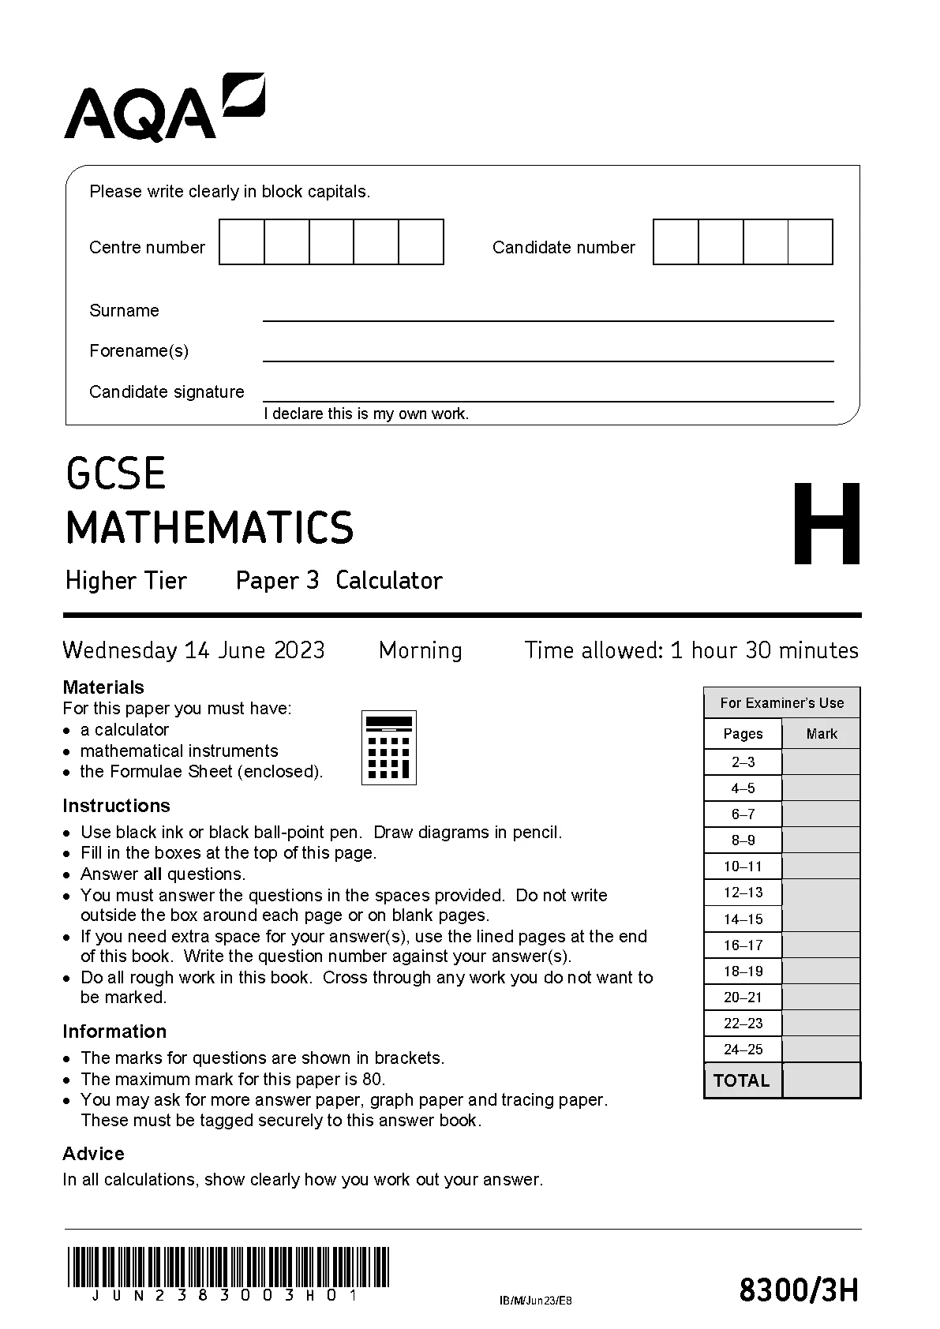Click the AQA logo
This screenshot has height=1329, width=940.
(x=164, y=108)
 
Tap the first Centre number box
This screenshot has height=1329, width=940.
(x=242, y=242)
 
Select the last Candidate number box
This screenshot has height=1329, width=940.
(x=811, y=242)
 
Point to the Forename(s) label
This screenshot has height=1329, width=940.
(x=139, y=350)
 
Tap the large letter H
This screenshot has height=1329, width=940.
(x=826, y=524)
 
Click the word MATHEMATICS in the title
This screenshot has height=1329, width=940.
(x=210, y=528)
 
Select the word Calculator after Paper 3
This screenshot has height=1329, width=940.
(x=388, y=581)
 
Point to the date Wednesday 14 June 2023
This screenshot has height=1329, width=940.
(x=193, y=650)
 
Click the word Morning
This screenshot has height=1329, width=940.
(x=420, y=650)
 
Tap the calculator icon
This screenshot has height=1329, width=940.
(x=388, y=747)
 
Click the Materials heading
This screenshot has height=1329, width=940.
(x=103, y=687)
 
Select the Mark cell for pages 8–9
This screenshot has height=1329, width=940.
(x=821, y=840)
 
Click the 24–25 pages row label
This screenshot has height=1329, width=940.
(x=743, y=1050)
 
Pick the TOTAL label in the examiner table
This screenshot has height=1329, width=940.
(x=741, y=1081)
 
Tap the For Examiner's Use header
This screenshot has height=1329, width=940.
(x=781, y=702)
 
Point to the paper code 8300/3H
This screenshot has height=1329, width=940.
(x=799, y=1290)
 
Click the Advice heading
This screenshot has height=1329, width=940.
(x=93, y=1154)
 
